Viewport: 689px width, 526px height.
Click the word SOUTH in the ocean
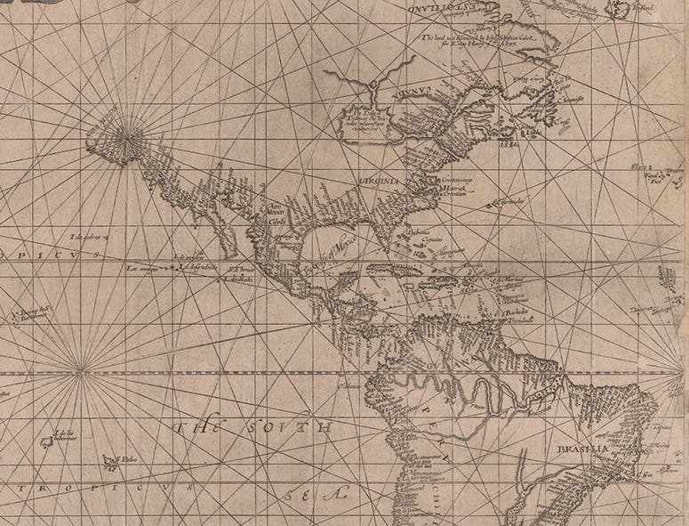pos(288,429)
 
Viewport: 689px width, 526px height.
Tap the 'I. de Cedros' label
pos(89,238)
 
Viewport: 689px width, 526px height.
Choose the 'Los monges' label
pos(142,268)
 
